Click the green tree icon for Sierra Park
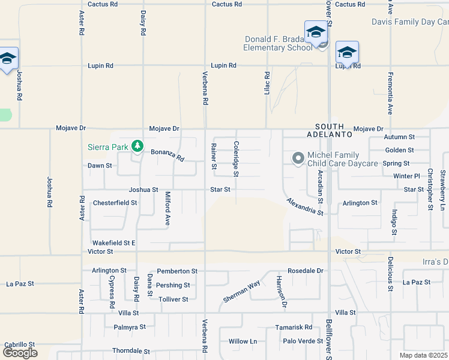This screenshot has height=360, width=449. pyautogui.click(x=137, y=146)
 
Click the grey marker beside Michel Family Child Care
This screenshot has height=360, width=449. pyautogui.click(x=298, y=158)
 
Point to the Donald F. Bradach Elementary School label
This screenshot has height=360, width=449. pyautogui.click(x=279, y=44)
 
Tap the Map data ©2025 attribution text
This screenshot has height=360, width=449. pyautogui.click(x=423, y=355)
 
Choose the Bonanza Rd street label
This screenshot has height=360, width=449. pyautogui.click(x=167, y=155)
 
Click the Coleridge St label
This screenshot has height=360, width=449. pyautogui.click(x=237, y=158)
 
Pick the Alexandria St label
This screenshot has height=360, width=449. pyautogui.click(x=305, y=206)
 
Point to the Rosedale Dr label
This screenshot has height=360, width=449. pyautogui.click(x=305, y=271)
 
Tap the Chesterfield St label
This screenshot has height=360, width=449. pyautogui.click(x=115, y=203)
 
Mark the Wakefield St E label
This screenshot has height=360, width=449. pyautogui.click(x=113, y=242)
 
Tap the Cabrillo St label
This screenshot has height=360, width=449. pyautogui.click(x=20, y=344)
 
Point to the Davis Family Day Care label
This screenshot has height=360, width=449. pyautogui.click(x=410, y=22)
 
